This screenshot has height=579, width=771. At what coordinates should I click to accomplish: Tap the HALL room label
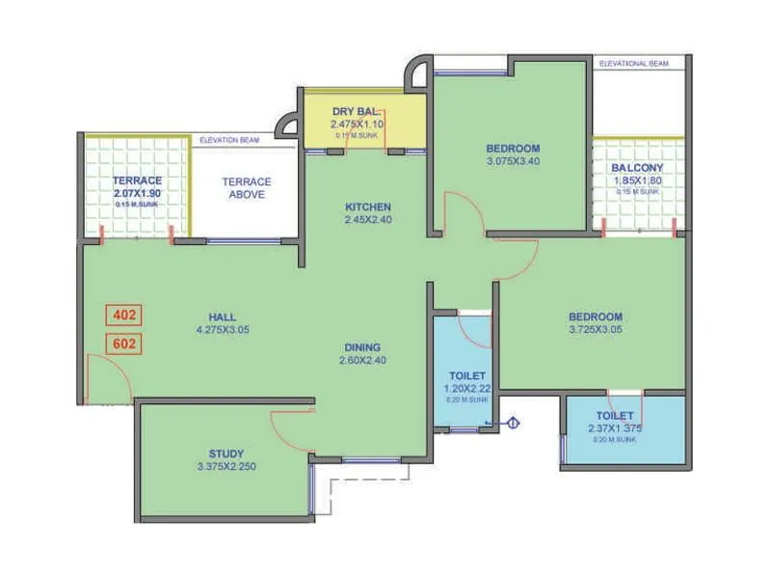[x=223, y=317]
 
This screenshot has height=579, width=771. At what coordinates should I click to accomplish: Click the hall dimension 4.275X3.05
[x=223, y=329]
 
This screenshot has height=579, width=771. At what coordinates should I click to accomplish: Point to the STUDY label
[x=226, y=454]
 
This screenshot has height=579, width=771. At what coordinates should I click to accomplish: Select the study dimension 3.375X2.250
[x=226, y=467]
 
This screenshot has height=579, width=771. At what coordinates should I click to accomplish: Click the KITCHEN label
[x=369, y=207]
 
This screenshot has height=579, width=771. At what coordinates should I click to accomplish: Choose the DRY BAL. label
[x=358, y=112]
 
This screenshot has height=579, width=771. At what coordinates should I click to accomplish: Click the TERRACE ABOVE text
[x=246, y=187]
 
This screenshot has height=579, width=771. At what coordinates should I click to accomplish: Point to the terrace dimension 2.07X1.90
[x=137, y=193]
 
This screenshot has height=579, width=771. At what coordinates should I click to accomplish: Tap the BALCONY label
[x=637, y=167]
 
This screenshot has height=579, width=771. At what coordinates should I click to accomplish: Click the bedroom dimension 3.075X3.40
[x=513, y=161]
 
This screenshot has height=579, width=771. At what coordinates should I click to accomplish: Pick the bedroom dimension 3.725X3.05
[x=595, y=329]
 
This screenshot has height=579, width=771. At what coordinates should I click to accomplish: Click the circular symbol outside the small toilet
[x=514, y=422]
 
